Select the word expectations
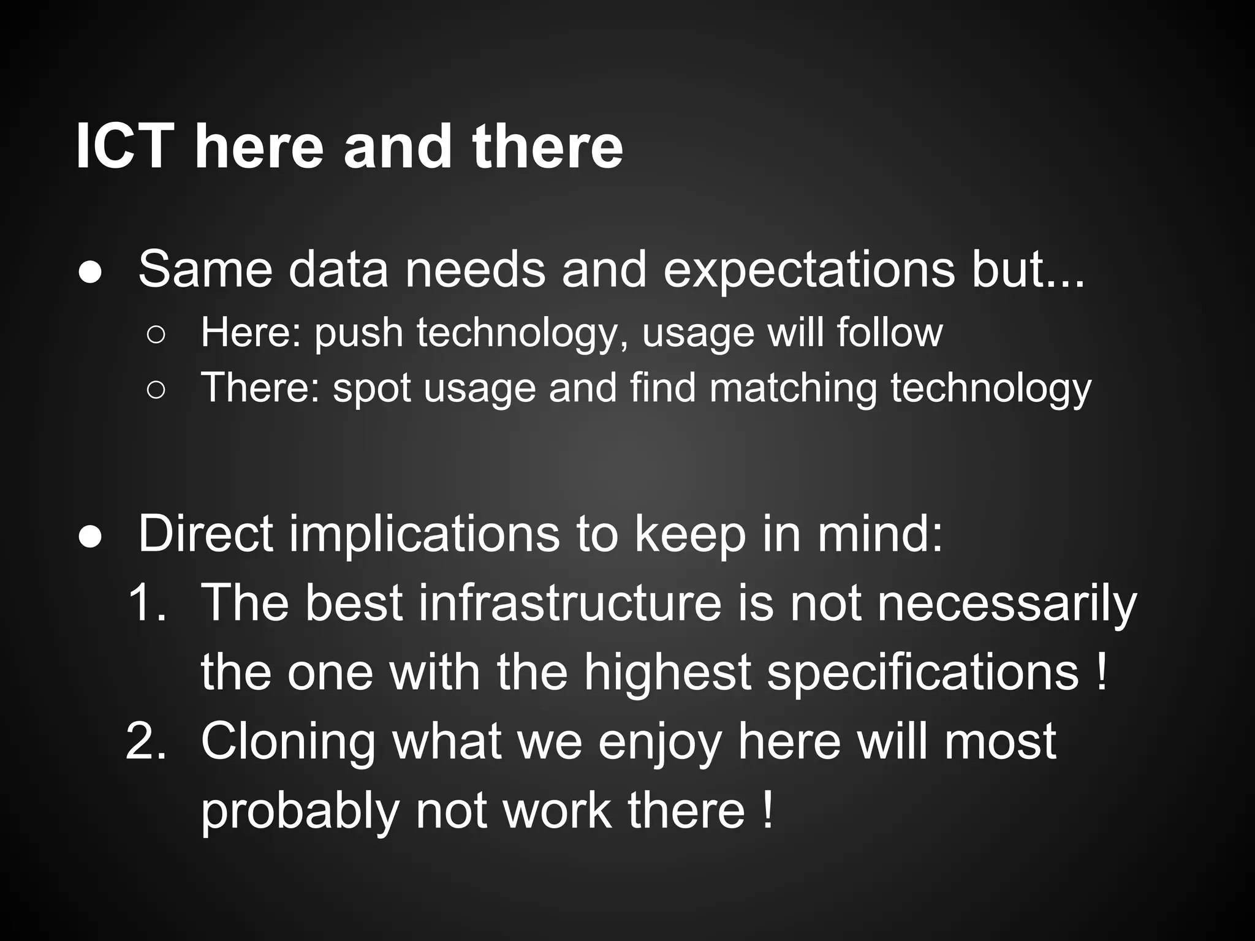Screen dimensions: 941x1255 click(809, 270)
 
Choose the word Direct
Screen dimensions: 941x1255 click(205, 534)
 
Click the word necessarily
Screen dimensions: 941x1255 click(1007, 604)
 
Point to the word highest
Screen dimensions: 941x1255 click(667, 672)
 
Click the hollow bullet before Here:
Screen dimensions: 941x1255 click(156, 334)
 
